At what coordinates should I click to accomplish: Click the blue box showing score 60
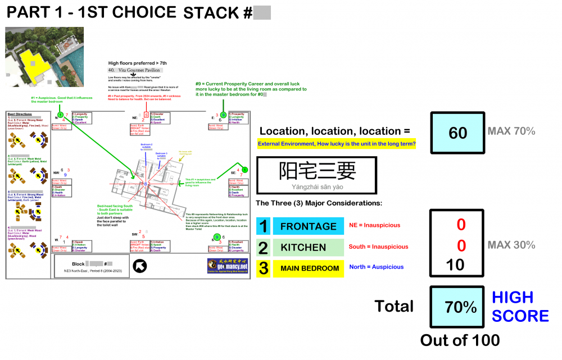point(457,133)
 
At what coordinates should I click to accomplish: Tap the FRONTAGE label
point(308,226)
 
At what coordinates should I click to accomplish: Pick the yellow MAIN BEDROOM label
point(308,268)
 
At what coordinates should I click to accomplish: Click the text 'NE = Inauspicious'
point(375,225)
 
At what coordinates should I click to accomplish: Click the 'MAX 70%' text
point(511,131)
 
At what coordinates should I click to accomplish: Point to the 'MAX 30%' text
point(511,245)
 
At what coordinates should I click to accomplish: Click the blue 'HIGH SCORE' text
point(520,307)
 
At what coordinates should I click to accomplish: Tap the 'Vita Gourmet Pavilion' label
point(135,70)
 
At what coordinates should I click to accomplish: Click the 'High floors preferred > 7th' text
point(137,63)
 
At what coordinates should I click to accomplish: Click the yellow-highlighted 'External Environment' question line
point(336,144)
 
